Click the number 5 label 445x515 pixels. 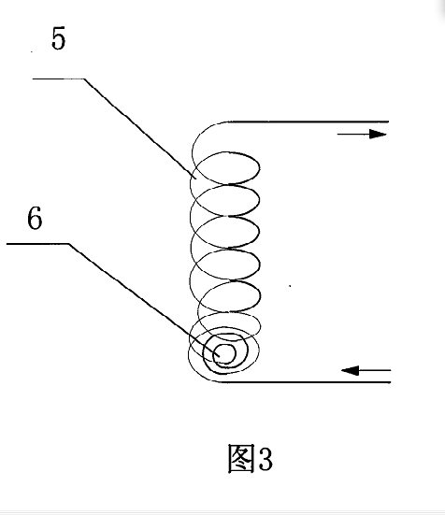[59, 38]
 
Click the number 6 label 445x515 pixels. [35, 218]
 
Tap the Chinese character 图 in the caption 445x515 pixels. [241, 459]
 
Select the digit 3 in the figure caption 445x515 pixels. [266, 459]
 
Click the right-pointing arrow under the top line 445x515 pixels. [362, 134]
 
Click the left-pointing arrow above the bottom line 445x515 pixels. [366, 370]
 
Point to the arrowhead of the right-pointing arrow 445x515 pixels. [378, 134]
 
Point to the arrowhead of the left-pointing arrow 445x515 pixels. [350, 370]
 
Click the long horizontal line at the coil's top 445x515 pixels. [309, 122]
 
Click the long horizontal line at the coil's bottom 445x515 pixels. [306, 382]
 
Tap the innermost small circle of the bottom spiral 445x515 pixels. [224, 353]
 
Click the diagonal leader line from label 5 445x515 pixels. [140, 129]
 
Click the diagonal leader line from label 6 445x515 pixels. [144, 300]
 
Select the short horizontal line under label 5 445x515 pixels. [58, 79]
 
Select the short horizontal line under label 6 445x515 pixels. [37, 244]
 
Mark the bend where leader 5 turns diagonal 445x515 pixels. [84, 79]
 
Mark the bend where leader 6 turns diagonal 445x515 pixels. [68, 244]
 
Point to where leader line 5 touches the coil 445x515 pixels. [196, 179]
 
